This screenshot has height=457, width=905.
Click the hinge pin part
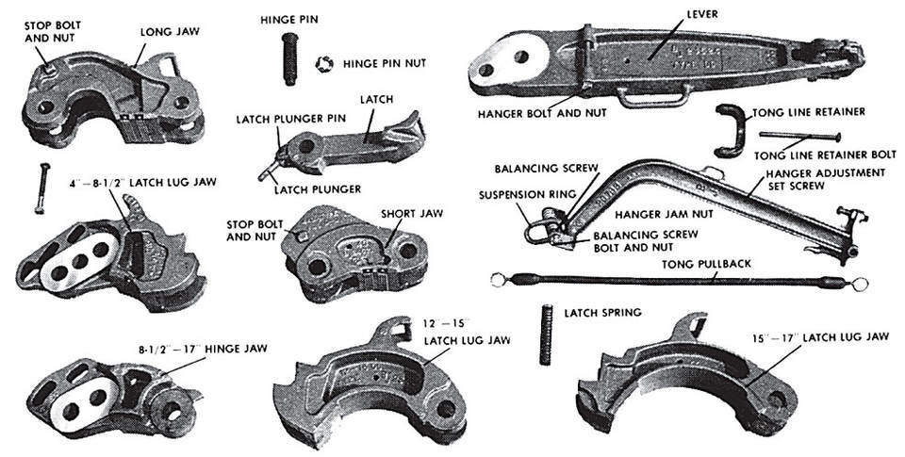pos(290,58)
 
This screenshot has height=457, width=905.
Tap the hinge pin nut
pos(324,63)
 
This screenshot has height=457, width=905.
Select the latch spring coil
pos(546,335)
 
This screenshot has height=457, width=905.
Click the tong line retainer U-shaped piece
pos(728,131)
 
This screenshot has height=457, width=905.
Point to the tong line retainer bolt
pos(799,137)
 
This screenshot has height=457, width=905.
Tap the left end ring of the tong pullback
pos(498,281)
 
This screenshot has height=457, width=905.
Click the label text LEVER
pos(701,14)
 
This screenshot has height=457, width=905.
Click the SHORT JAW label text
pos(412,214)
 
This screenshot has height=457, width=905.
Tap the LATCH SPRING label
pos(602,313)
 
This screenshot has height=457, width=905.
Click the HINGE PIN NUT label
pos(385,63)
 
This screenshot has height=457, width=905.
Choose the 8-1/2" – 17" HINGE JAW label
pos(203,349)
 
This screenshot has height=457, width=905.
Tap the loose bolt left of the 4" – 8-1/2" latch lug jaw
pos(42,188)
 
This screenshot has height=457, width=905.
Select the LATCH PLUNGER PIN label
pos(291,119)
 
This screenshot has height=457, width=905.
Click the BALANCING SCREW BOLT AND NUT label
pos(645,241)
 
